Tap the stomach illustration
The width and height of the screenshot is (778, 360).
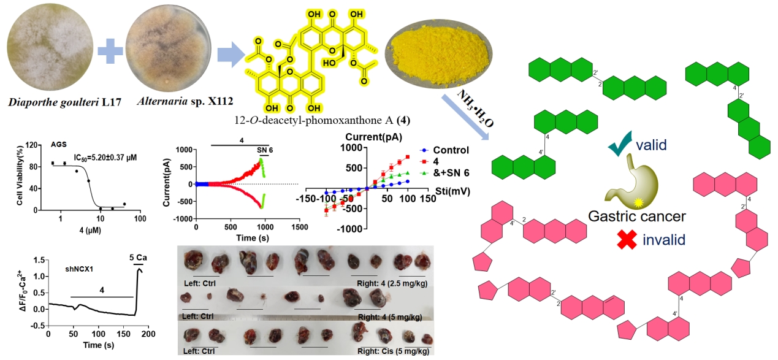click(625, 180)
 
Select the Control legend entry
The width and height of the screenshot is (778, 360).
click(450, 150)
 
